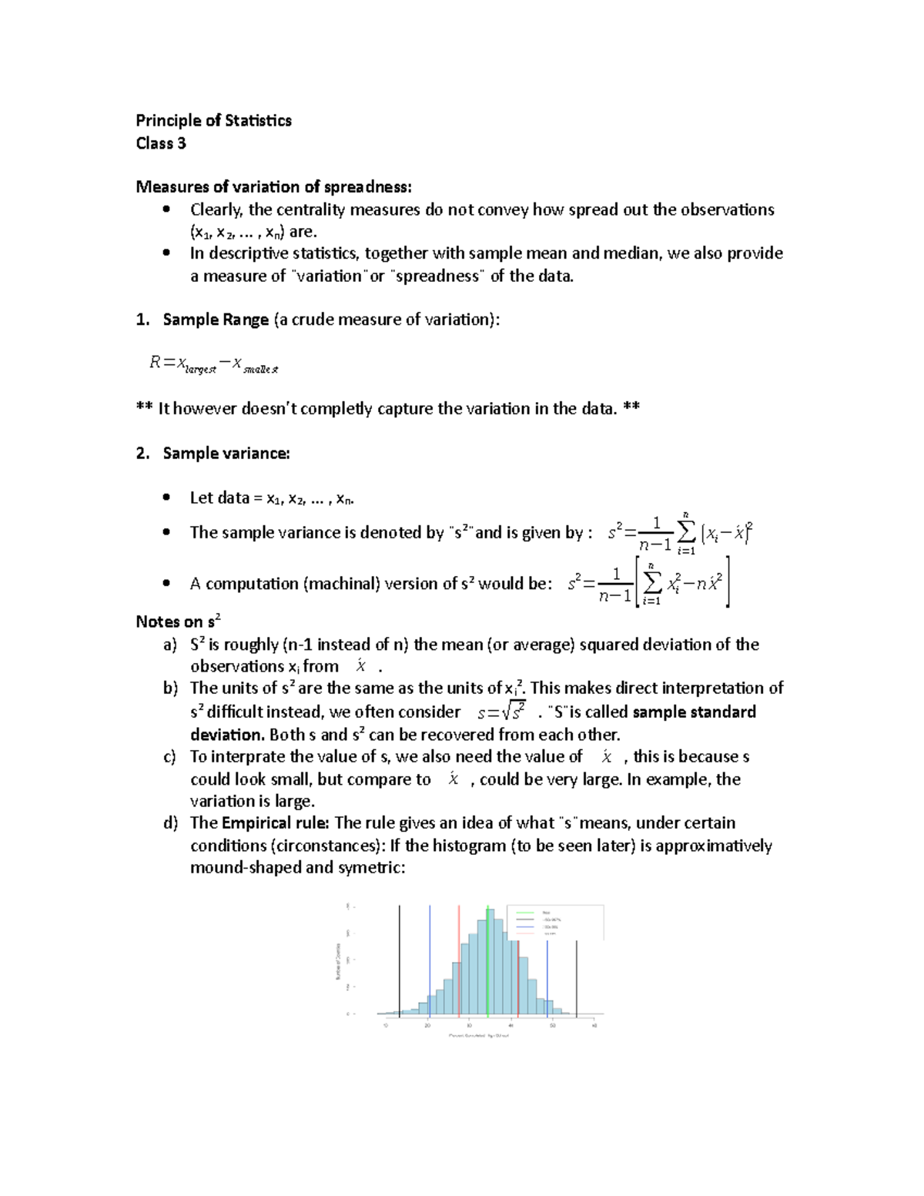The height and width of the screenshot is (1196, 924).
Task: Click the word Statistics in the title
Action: (x=258, y=120)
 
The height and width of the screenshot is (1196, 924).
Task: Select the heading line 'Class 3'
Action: (x=161, y=143)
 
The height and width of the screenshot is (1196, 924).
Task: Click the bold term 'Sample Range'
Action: (x=216, y=320)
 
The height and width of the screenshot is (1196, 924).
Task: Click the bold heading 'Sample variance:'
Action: (x=226, y=453)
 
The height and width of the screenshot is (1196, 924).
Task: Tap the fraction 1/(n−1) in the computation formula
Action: (x=616, y=585)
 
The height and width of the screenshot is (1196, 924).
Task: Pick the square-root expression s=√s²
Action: (x=501, y=712)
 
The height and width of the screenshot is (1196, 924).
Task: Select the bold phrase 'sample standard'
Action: (x=694, y=712)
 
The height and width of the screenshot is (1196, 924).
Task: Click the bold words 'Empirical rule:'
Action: (x=276, y=822)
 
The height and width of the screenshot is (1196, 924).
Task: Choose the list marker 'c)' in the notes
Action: (x=170, y=757)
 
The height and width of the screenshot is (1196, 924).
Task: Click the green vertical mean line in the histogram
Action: (x=488, y=963)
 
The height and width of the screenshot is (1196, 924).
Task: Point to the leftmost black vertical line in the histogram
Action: (x=399, y=963)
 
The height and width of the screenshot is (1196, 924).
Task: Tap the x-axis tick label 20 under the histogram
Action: (x=427, y=1025)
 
